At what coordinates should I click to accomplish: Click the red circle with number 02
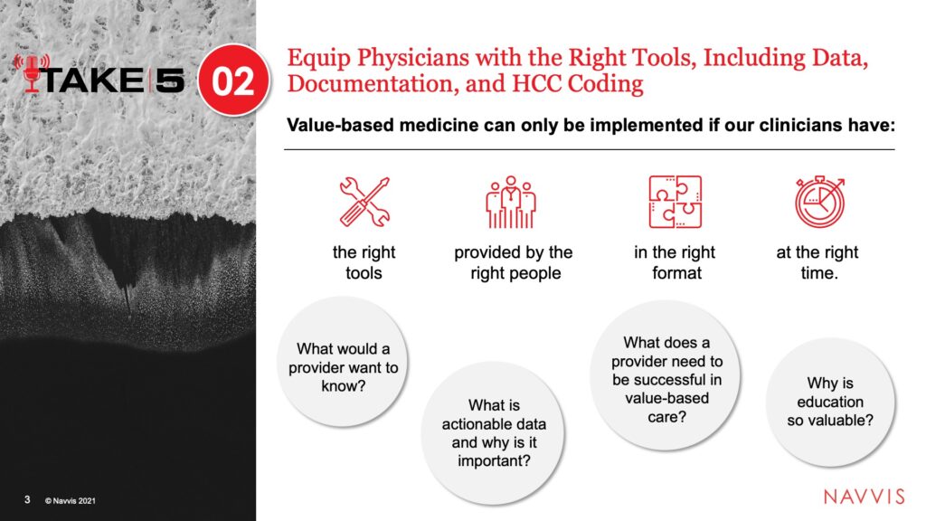(233, 81)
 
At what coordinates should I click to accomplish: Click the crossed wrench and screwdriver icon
(364, 202)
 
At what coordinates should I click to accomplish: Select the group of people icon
(511, 202)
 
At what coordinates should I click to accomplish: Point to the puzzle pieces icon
(675, 202)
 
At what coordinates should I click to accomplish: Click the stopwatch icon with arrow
(819, 202)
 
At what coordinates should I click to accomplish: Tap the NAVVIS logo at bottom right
(864, 497)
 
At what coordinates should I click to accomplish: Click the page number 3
(27, 499)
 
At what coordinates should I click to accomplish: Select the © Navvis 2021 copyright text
(70, 501)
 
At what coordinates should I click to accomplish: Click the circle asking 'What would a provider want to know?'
(343, 362)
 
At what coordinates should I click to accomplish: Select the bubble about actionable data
(493, 433)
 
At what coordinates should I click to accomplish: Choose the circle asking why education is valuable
(830, 402)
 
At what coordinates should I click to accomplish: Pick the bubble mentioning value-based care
(666, 375)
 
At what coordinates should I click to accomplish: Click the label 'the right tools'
(364, 262)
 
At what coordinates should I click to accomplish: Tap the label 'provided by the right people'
(514, 262)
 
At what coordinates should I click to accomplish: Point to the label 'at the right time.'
(817, 262)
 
